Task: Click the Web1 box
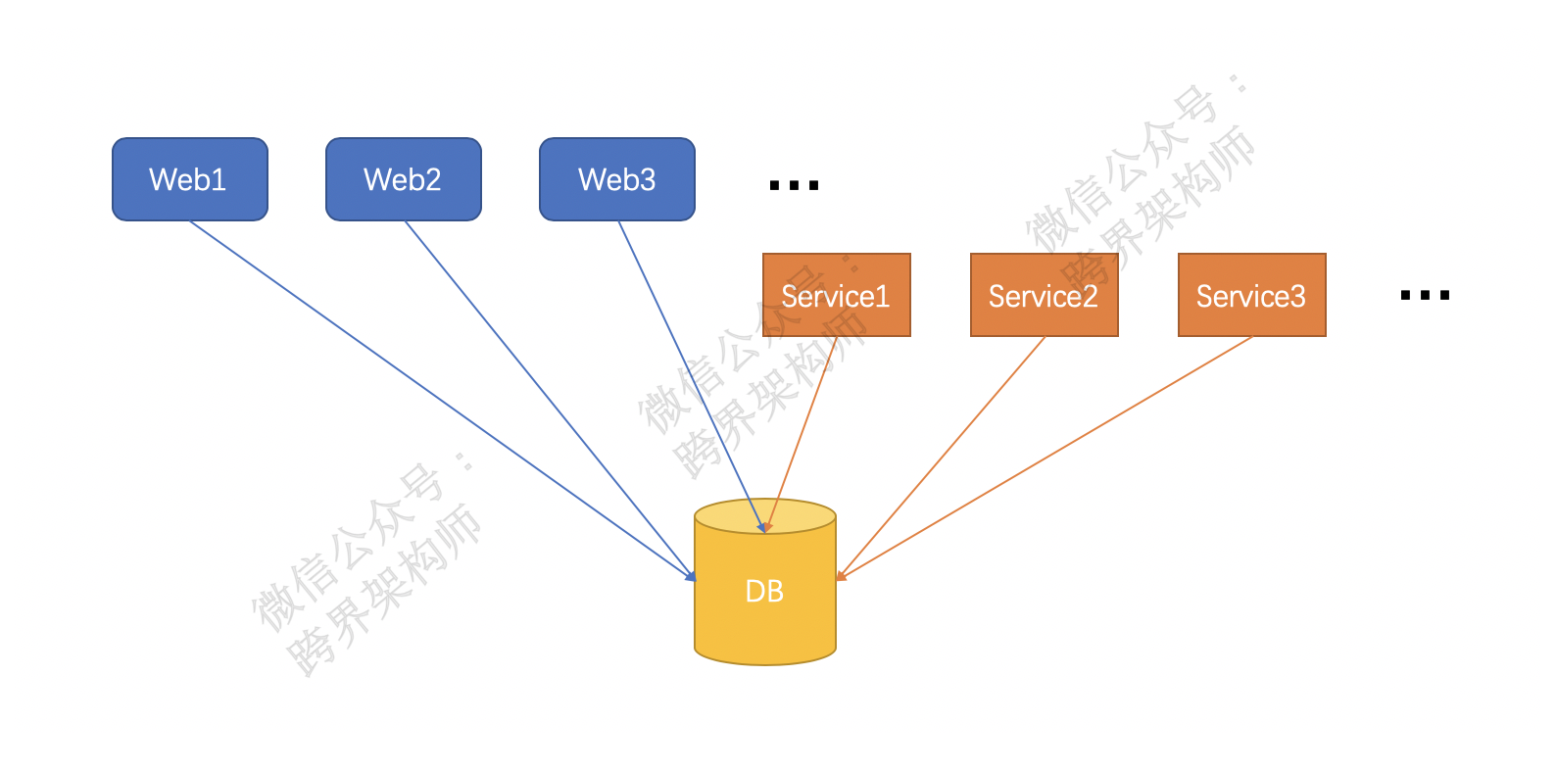click(189, 179)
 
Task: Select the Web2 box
click(403, 179)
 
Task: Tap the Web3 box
click(616, 179)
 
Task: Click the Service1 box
click(836, 295)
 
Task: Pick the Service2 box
click(1044, 295)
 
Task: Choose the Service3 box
click(1251, 295)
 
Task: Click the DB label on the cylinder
click(764, 592)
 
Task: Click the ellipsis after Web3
click(794, 185)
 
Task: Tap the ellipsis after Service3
click(1425, 295)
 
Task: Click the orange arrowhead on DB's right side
click(841, 576)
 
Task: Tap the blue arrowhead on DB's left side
click(690, 576)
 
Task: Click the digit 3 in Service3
click(1298, 296)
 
